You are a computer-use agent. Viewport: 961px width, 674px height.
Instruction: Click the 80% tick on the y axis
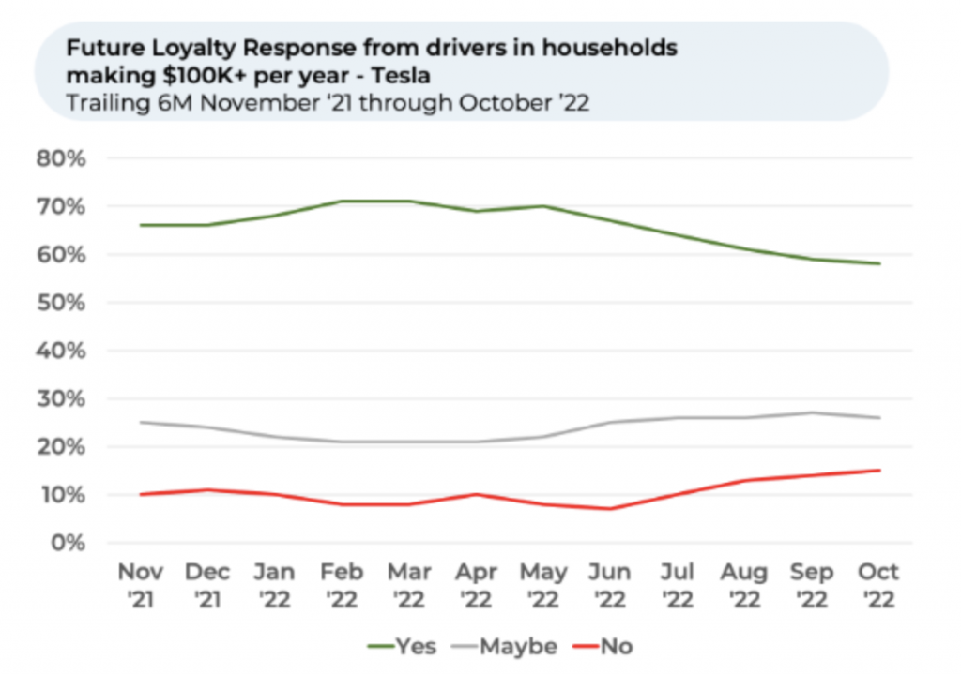pos(61,158)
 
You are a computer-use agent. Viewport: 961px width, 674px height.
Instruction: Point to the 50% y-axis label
pos(61,303)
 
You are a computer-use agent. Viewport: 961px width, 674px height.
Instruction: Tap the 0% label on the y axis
pos(68,543)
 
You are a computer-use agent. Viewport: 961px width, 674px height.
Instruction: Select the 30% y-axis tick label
pos(61,399)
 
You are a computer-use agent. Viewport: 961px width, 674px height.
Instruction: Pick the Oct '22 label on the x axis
pos(878,584)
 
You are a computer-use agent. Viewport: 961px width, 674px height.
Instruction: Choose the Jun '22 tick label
pos(610,584)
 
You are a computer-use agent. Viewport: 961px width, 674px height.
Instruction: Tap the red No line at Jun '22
pos(610,509)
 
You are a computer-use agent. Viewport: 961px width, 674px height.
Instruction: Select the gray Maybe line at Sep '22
pos(812,412)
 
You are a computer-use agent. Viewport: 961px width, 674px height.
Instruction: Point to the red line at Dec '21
pos(206,489)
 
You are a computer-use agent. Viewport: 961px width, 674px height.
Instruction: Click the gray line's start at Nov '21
pos(140,422)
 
